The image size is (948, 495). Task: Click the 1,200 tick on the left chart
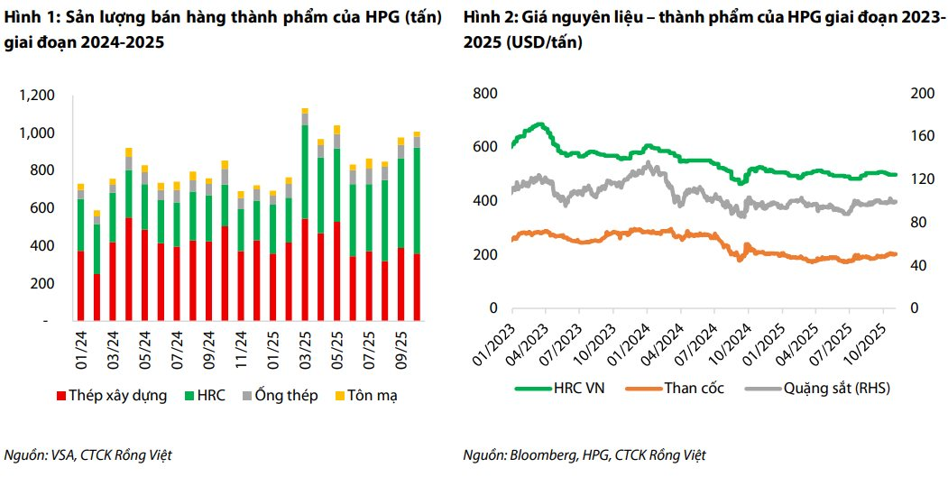tap(36, 96)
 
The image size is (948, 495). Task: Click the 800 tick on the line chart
tap(484, 94)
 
